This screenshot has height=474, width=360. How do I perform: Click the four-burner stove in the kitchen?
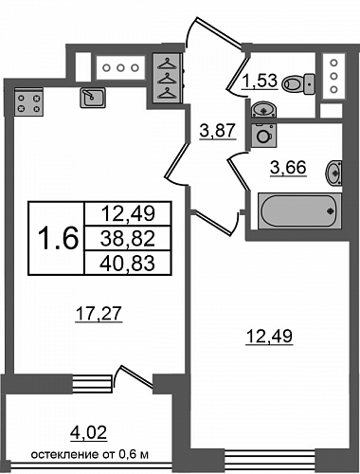pos(28,101)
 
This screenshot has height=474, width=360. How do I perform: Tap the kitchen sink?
pos(93,98)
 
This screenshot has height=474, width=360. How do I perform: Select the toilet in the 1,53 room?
pos(298,84)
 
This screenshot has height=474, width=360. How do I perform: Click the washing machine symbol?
pos(264,136)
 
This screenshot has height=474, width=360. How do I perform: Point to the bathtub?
pos(299,210)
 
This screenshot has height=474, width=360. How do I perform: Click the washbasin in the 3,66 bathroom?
pos(334,173)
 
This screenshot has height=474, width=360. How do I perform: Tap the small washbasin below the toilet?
pos(263,109)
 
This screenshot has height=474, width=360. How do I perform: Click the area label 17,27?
pos(99,314)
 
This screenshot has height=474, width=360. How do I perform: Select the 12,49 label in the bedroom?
pos(269,337)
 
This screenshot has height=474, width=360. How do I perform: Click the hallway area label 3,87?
pos(218,131)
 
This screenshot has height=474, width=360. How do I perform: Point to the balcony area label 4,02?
pos(88,433)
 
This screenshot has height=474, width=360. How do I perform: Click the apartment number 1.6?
pos(58,238)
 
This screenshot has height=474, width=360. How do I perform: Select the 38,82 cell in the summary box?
pos(128,239)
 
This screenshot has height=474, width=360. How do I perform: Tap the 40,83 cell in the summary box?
pos(128,263)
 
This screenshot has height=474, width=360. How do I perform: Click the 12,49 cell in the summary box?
pos(128,214)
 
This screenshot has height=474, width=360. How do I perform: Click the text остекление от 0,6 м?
pos(90,455)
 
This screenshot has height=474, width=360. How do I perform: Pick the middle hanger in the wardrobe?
pos(167,79)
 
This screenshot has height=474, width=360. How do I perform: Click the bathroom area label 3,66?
pos(288,167)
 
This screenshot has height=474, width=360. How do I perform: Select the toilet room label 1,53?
pos(260,81)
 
